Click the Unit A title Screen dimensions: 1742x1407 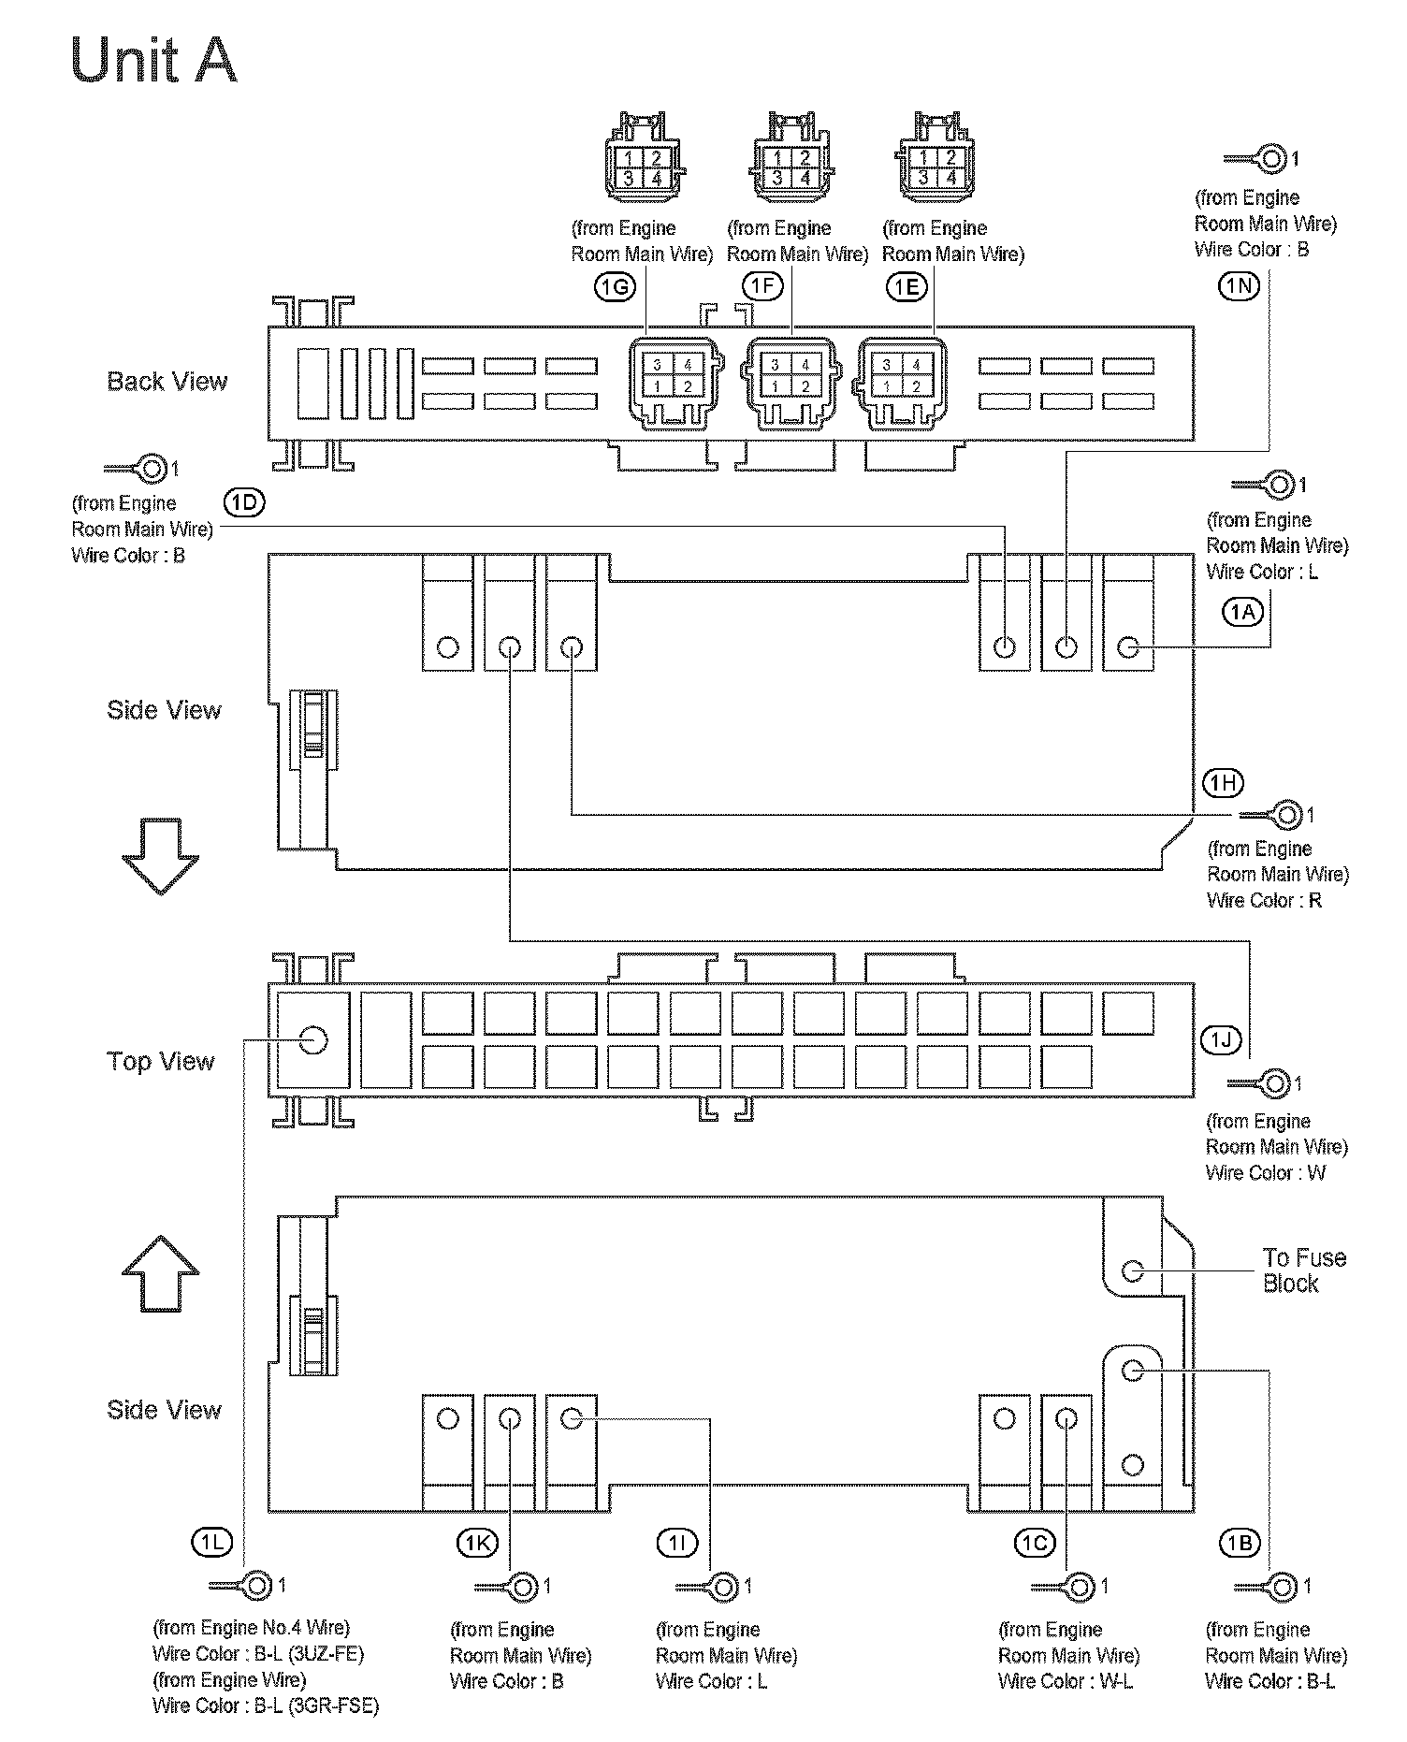pos(153,61)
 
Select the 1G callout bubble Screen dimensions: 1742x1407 pos(614,287)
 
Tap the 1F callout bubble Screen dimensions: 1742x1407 pos(763,285)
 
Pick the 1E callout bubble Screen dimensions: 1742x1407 pos(906,287)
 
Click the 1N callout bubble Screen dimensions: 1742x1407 pos(1239,285)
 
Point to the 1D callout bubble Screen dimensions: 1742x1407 pos(244,502)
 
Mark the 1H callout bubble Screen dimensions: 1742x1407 pos(1223,783)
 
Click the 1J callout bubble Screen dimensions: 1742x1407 pos(1220,1039)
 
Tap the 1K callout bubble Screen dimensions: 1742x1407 pos(476,1543)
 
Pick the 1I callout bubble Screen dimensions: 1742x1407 pos(677,1543)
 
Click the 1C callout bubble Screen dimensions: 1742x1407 pos(1035,1543)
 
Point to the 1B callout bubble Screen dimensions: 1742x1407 pos(1240,1543)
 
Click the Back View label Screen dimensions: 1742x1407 pos(167,382)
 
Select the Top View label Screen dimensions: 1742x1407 pos(161,1061)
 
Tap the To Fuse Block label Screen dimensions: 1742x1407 pos(1303,1270)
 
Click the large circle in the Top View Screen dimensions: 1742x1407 pos(312,1039)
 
